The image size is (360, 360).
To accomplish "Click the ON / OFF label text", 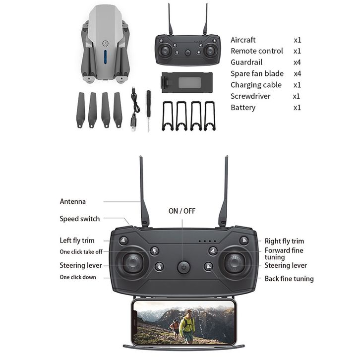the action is click(x=182, y=211).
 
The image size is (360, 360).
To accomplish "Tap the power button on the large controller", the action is click(x=183, y=268).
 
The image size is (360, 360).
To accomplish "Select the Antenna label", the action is click(x=73, y=201).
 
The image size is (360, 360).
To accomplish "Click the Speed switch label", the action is click(x=79, y=219).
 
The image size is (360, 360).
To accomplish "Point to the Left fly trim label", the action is click(x=77, y=241).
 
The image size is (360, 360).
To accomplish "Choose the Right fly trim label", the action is click(x=284, y=241).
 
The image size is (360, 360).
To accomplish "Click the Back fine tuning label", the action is click(x=289, y=279).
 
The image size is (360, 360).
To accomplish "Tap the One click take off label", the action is click(x=81, y=252).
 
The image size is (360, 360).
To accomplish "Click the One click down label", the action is click(x=78, y=277).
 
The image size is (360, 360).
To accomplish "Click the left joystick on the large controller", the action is click(x=133, y=263).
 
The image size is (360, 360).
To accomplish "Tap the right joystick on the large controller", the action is click(x=234, y=263).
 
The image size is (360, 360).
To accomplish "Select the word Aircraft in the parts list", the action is click(x=243, y=40).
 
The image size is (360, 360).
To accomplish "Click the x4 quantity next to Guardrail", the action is click(x=298, y=62).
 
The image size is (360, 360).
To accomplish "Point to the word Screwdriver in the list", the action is click(x=250, y=96).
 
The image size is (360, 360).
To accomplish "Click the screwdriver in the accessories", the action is click(x=148, y=110).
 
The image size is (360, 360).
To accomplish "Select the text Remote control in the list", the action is click(x=256, y=51).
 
